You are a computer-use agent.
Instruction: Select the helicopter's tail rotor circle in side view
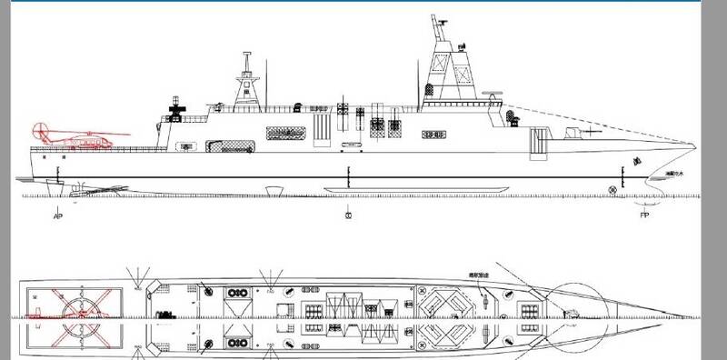pos(39,130)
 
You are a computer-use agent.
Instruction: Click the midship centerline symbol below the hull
pos(347,216)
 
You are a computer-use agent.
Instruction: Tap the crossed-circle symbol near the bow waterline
pos(614,191)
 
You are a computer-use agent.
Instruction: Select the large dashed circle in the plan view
pos(579,309)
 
